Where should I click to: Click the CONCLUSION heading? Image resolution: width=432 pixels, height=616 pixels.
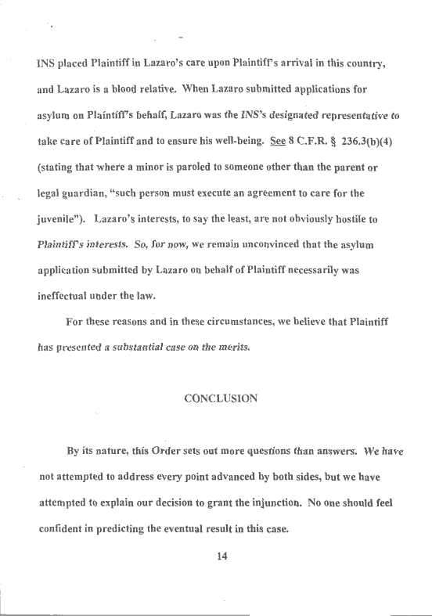(221, 398)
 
